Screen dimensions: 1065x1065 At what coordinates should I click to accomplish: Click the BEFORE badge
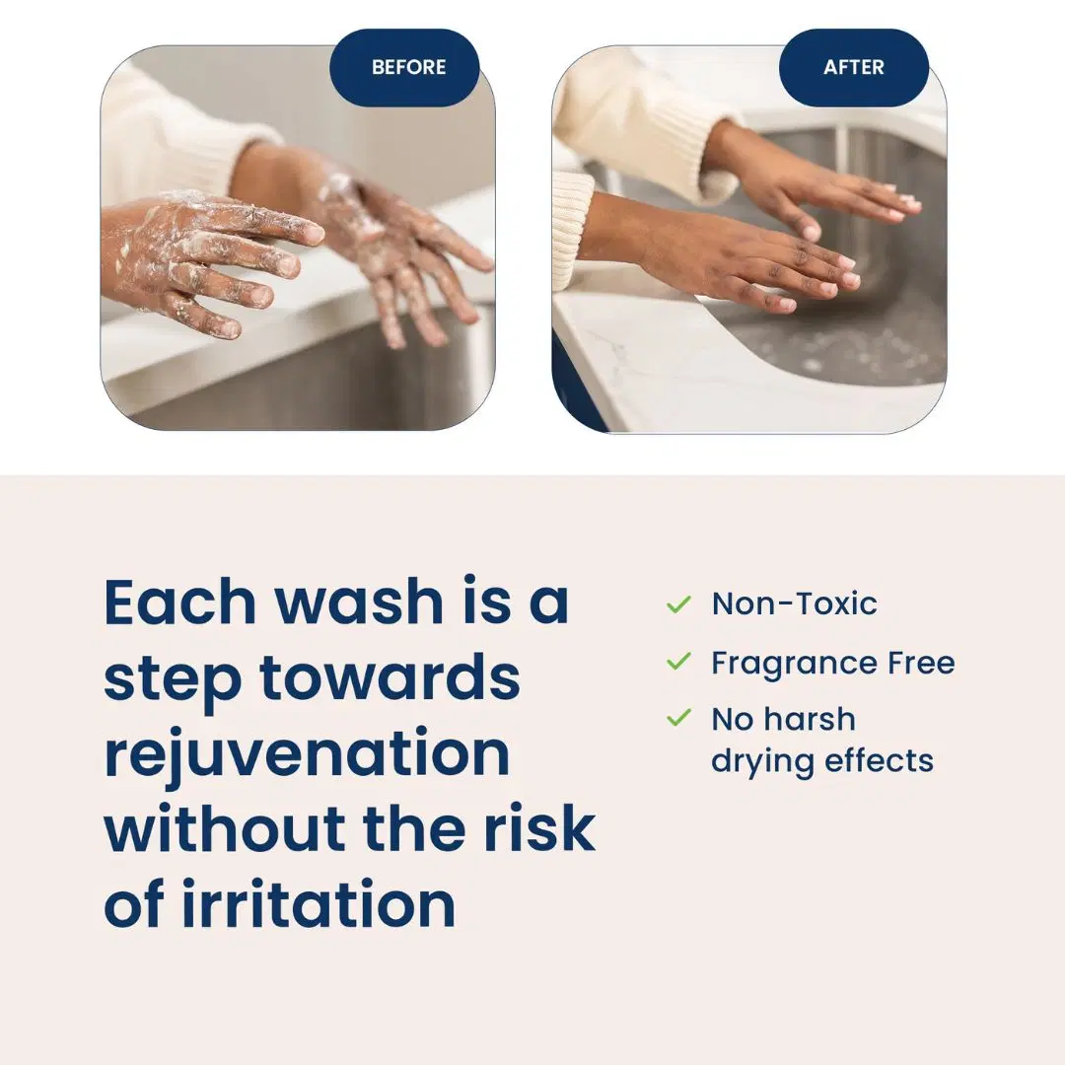coord(408,68)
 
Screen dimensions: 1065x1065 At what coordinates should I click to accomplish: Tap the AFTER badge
coord(854,68)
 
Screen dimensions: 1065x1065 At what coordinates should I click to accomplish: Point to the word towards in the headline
coord(390,678)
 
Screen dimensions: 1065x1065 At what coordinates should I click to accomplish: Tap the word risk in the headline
coord(546,829)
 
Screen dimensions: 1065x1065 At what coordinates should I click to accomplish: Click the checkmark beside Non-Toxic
coord(678,603)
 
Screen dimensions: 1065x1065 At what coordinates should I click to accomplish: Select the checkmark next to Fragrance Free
coord(678,662)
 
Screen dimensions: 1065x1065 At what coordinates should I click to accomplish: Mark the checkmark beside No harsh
coord(678,718)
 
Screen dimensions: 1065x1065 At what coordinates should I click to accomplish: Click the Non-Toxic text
coord(794,603)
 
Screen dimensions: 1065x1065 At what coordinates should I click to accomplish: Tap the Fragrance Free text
coord(832,663)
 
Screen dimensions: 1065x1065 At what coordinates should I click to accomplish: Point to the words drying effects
coord(821,760)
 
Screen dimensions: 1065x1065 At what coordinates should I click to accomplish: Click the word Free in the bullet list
coord(920,663)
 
